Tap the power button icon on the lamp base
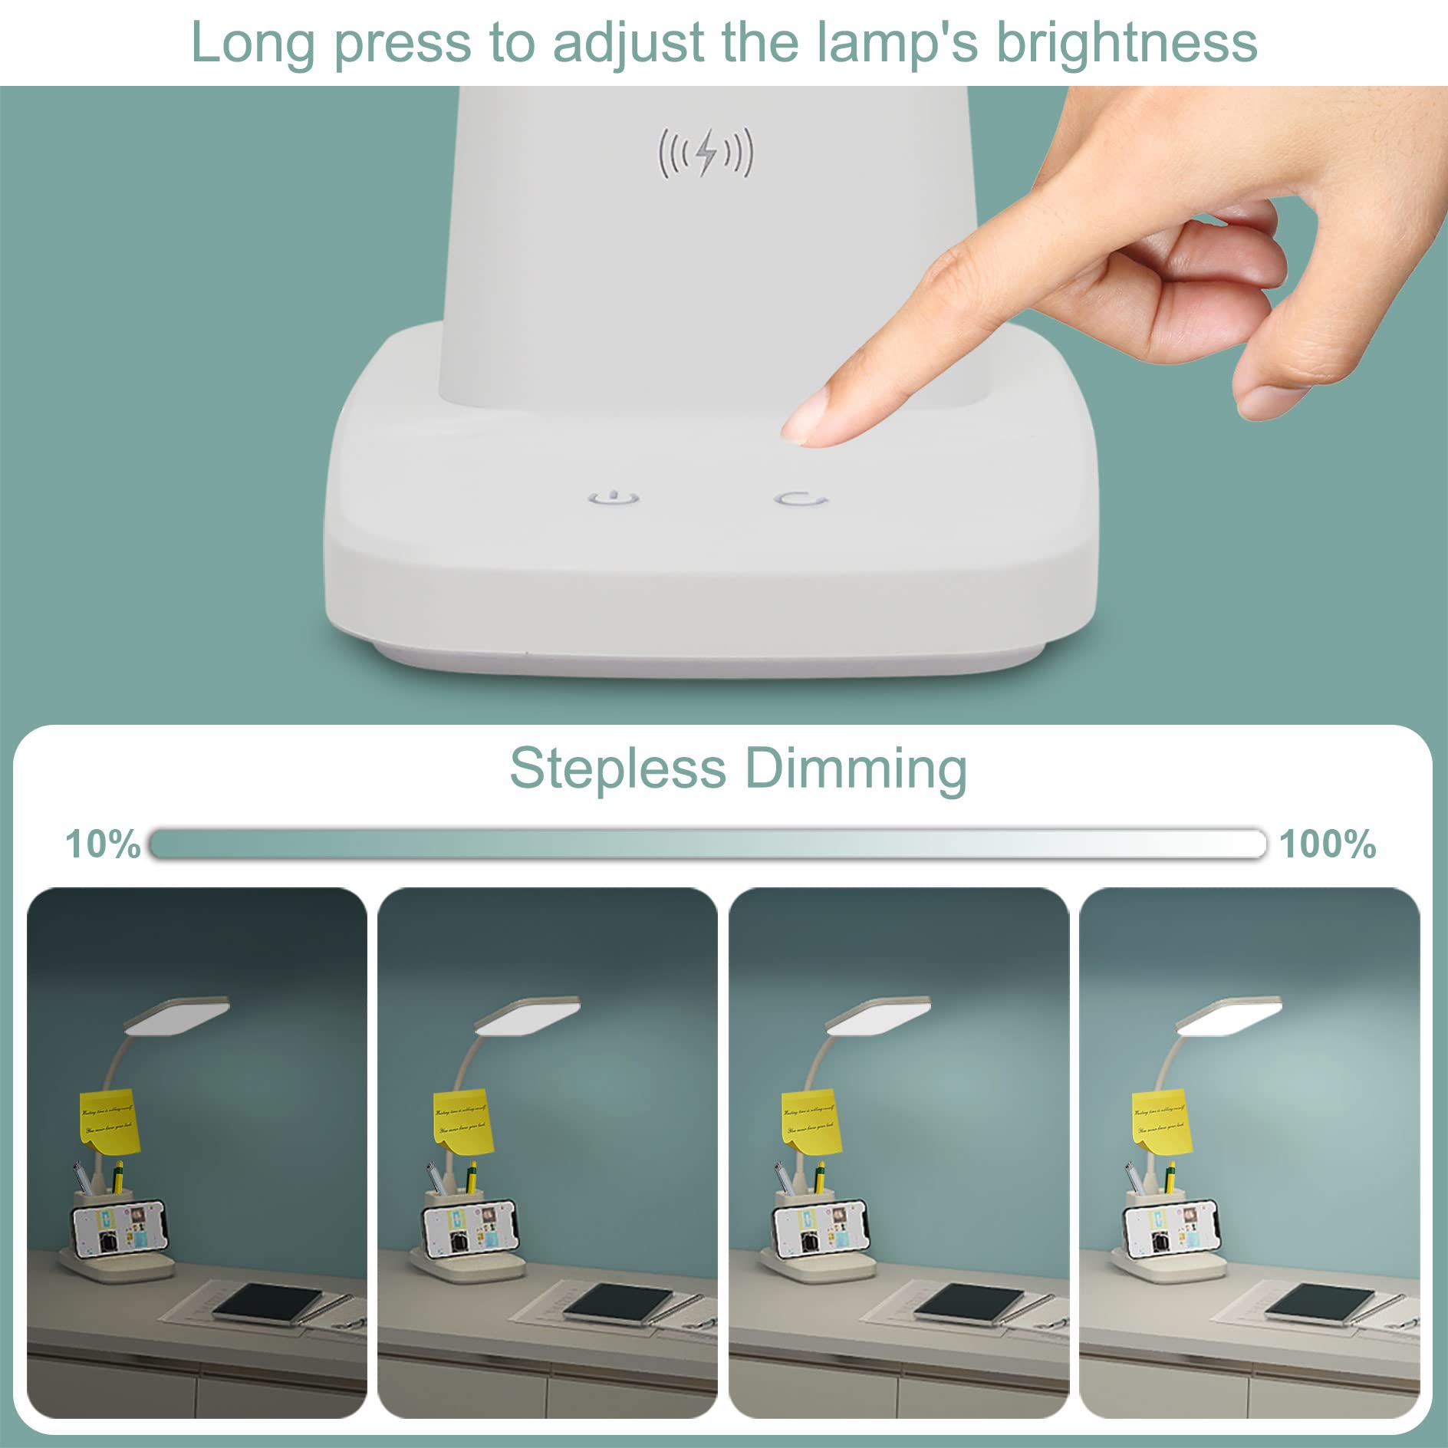coord(614,499)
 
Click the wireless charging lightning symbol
coord(706,152)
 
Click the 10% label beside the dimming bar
coord(102,844)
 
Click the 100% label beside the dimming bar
coord(1328,844)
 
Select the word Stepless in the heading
coord(617,768)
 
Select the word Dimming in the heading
coord(856,769)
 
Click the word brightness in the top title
coord(1127,43)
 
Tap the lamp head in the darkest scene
coord(177,1016)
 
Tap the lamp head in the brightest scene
coord(1229,1016)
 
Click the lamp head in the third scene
coord(879,1016)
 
